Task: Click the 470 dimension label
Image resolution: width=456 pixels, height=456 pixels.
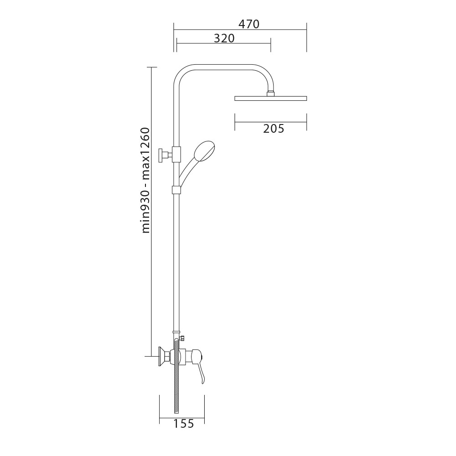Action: tap(249, 24)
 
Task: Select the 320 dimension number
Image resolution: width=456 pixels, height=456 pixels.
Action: tap(224, 38)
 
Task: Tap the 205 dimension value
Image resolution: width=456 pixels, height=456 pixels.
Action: tap(273, 128)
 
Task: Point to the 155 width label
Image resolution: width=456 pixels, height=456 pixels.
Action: tap(183, 424)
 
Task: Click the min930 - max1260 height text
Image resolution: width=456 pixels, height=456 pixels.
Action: tap(145, 180)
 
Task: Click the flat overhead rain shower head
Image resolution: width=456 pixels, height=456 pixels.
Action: tap(270, 98)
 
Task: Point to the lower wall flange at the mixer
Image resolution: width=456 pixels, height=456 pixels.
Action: tap(161, 356)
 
